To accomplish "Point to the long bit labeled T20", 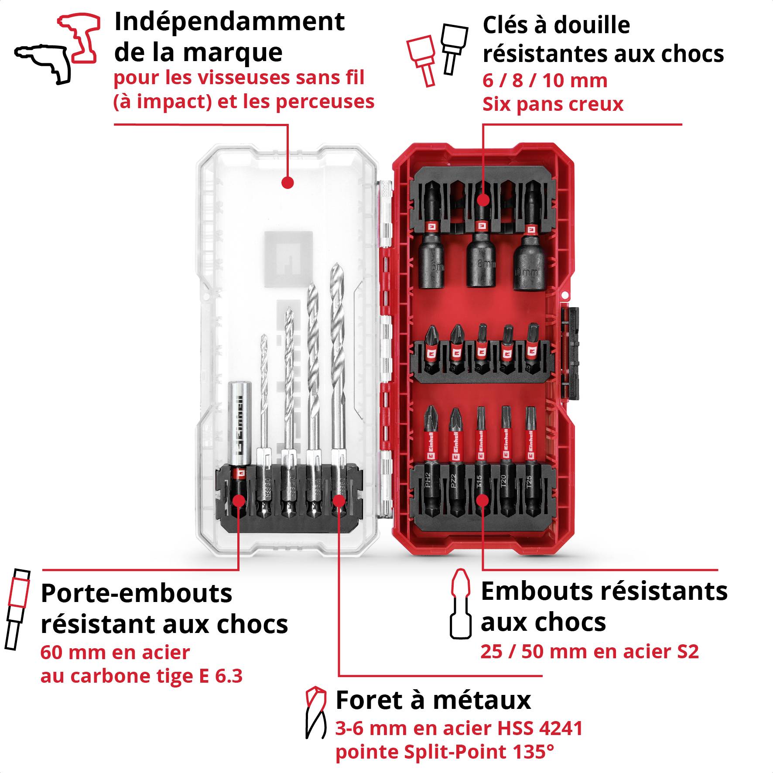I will click(x=505, y=462).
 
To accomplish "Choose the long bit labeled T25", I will click(x=530, y=462).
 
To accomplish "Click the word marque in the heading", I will click(x=232, y=53).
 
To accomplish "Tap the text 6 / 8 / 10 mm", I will click(x=544, y=81).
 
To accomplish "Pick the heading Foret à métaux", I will click(x=433, y=701).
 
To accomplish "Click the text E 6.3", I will click(x=221, y=676).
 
